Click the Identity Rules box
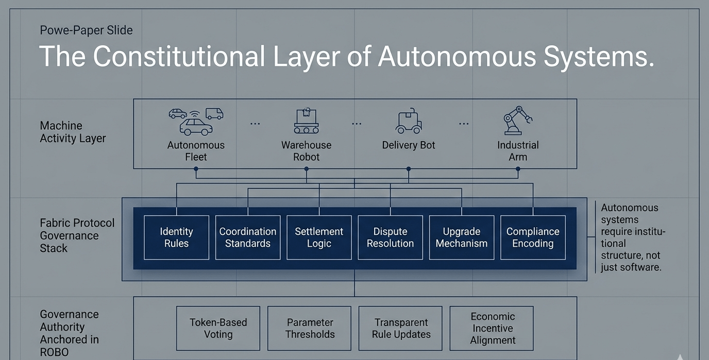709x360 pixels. tap(176, 237)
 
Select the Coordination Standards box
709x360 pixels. tap(248, 237)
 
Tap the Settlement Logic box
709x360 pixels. tap(319, 237)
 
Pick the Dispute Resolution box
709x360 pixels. tap(390, 237)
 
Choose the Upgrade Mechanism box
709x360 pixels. tap(462, 237)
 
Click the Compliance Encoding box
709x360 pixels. tap(533, 237)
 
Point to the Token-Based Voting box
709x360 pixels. tap(218, 328)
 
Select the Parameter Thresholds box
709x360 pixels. tap(310, 328)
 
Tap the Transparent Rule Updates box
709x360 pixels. tap(401, 328)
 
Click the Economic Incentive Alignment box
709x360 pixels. tap(492, 328)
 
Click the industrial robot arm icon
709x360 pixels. tap(517, 121)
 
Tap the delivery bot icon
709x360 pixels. tap(409, 122)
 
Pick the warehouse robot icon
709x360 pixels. tap(306, 121)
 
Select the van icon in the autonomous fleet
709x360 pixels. tap(214, 113)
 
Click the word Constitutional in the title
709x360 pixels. tap(179, 56)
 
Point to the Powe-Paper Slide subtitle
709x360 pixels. tap(86, 30)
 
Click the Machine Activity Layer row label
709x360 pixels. tap(73, 132)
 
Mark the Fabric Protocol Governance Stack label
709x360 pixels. tap(77, 235)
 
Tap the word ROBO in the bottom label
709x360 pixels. tap(55, 352)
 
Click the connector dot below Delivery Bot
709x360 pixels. tap(409, 168)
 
